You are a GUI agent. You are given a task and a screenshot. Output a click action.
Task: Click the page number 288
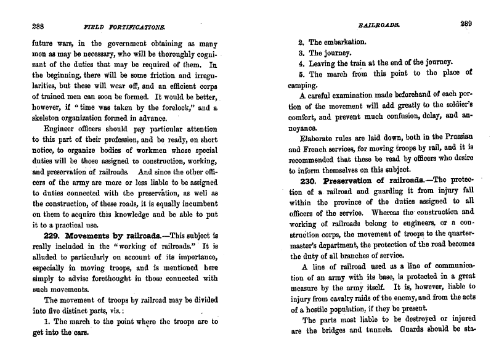pos(37,26)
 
